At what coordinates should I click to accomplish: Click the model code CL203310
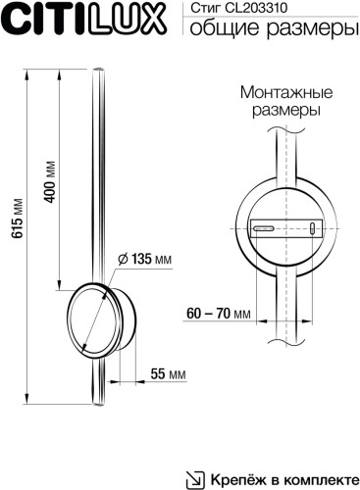(x=260, y=9)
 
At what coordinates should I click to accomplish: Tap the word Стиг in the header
(x=202, y=9)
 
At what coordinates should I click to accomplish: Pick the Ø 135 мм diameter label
(x=144, y=259)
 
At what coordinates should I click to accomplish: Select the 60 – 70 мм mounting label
(x=218, y=314)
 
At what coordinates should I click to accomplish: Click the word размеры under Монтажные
(x=283, y=111)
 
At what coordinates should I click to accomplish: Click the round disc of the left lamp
(x=90, y=319)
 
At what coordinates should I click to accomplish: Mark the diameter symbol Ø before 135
(x=122, y=259)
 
